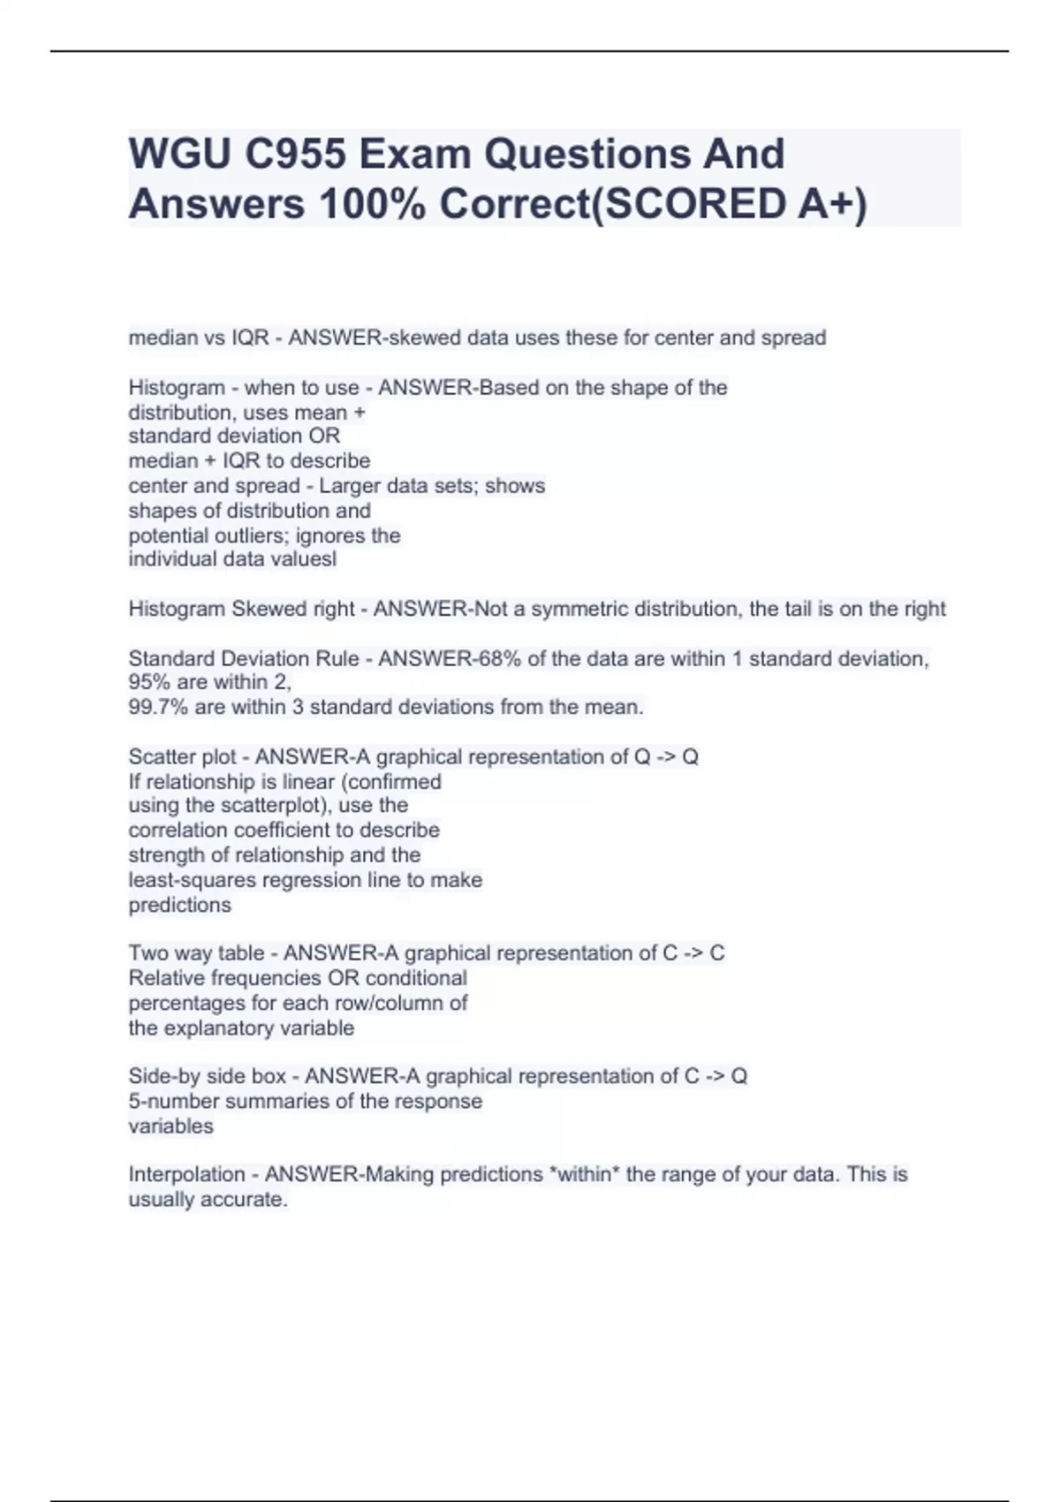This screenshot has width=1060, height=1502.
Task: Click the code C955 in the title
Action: tap(294, 154)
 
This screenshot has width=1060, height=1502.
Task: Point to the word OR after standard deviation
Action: tap(324, 436)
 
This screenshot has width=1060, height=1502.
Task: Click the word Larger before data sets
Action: tap(350, 486)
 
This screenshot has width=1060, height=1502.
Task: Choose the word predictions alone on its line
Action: tap(179, 905)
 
